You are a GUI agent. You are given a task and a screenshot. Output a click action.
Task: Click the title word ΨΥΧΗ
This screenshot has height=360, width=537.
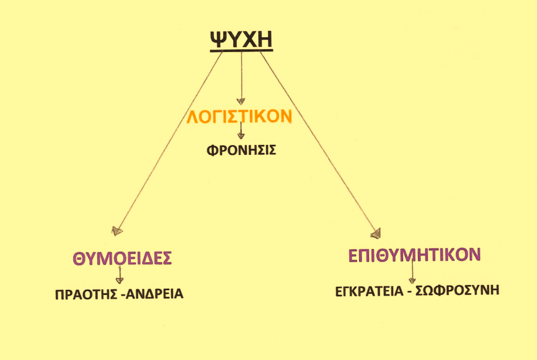click(x=241, y=39)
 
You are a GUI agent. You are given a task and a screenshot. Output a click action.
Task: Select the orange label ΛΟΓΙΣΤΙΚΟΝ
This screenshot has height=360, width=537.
click(x=239, y=116)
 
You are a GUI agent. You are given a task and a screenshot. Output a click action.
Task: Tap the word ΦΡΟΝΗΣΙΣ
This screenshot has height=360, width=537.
click(x=241, y=150)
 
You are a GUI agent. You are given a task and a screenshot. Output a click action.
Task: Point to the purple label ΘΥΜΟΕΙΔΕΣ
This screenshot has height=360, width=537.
click(x=122, y=258)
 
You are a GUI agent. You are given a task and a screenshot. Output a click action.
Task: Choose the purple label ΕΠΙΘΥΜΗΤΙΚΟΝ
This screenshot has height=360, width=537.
click(x=414, y=255)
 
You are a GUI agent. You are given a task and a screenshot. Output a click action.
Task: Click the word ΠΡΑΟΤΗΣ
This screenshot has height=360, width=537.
click(x=86, y=294)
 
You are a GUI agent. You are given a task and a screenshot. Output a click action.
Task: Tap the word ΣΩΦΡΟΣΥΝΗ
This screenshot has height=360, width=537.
click(x=457, y=290)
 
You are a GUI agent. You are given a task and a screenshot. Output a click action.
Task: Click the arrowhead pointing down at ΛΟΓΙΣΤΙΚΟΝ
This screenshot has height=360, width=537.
click(x=241, y=101)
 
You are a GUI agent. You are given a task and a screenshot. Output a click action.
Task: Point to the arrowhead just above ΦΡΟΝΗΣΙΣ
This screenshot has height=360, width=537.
click(x=241, y=136)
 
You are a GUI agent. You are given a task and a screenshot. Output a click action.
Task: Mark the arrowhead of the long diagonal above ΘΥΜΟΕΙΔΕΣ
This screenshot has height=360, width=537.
click(x=117, y=231)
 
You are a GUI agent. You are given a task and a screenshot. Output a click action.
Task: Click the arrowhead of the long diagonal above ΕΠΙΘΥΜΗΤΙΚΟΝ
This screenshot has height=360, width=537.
click(x=376, y=234)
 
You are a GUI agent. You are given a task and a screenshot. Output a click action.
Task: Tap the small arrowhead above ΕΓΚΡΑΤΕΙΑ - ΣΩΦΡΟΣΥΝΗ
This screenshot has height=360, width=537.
click(x=413, y=280)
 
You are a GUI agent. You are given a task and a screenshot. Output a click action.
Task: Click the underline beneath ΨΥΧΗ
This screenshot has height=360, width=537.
click(x=241, y=51)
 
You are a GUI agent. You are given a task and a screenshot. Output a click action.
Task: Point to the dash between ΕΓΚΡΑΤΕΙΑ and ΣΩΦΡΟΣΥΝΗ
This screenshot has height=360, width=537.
click(x=409, y=291)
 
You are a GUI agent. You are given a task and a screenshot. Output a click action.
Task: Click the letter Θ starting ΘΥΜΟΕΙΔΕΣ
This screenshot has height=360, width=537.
click(x=78, y=259)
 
